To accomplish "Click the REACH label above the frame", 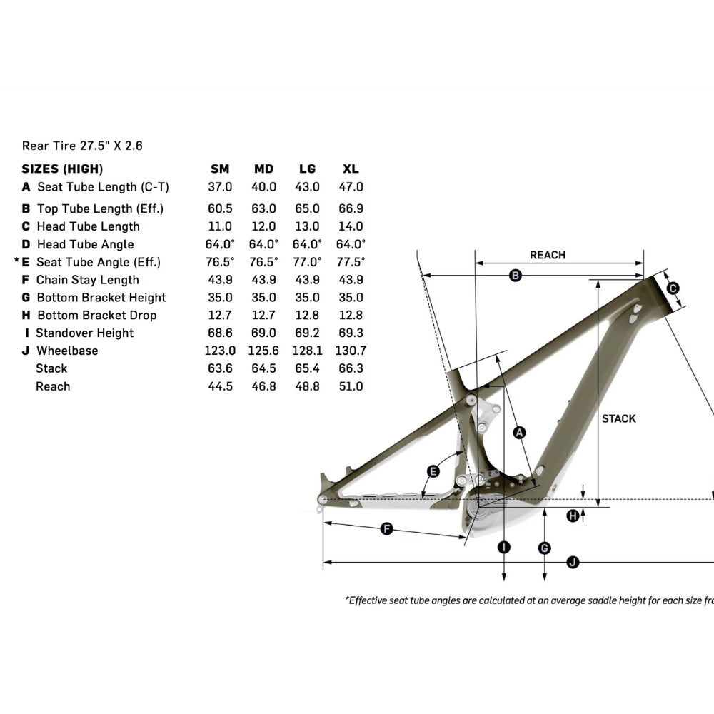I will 547,255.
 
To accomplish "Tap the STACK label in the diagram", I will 618,418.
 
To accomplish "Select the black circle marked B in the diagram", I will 516,276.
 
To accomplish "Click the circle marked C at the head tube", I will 672,288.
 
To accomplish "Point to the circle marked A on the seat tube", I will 520,432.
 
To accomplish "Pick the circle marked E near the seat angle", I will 433,471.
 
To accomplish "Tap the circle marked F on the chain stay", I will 386,528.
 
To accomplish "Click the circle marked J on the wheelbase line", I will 572,562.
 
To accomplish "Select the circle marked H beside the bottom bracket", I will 573,516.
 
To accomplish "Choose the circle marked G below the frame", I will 545,548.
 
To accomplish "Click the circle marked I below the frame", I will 504,548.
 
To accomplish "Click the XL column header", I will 351,169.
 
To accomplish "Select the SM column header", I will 220,169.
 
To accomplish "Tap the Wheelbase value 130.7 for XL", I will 351,351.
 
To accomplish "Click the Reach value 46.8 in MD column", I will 263,386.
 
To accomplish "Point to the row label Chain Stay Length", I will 87,280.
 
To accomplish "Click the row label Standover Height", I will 84,333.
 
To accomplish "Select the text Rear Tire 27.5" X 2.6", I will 82,146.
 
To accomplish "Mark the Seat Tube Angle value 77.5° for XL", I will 351,262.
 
